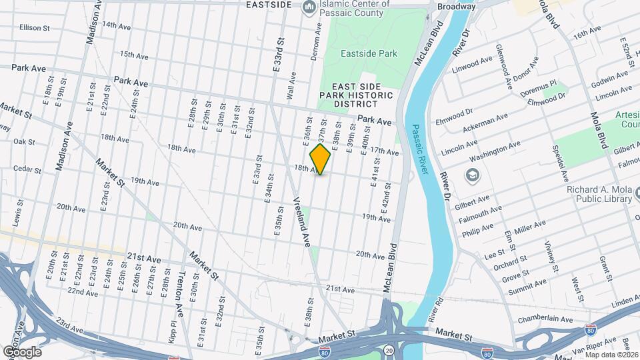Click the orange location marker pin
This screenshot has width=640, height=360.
[320, 159]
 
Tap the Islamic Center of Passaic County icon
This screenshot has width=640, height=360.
[309, 7]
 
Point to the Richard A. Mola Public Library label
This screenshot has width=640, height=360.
[599, 193]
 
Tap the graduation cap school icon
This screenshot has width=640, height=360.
[473, 175]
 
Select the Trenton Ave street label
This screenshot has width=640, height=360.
[180, 293]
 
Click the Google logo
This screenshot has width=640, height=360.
[21, 351]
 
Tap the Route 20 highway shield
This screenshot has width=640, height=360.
[389, 349]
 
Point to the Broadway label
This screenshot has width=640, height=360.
[457, 7]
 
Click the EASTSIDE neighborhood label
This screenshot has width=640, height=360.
[269, 5]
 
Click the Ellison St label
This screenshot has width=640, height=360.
[35, 28]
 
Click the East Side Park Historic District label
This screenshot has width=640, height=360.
[356, 95]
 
